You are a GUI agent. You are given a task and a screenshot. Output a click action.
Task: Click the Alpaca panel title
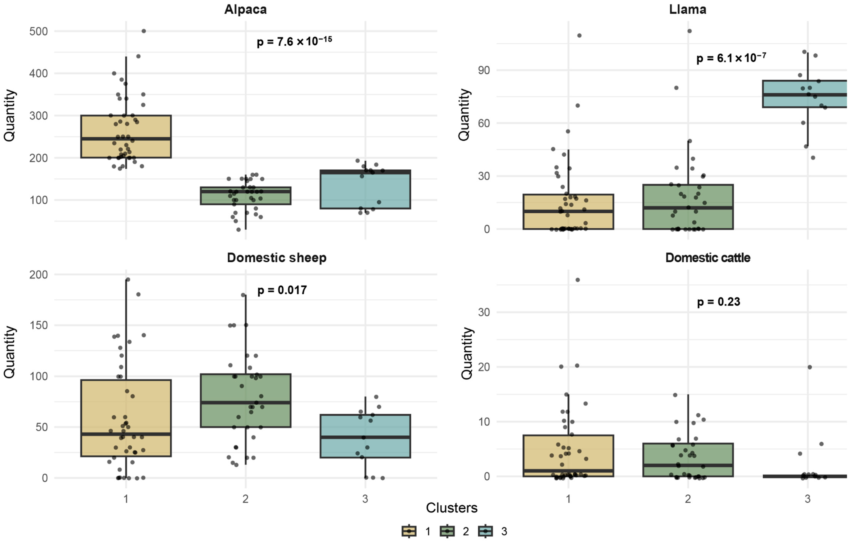click(245, 9)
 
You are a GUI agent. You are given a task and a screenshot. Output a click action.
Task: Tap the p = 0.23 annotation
click(719, 302)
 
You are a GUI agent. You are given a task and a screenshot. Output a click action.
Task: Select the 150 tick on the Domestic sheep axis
click(38, 325)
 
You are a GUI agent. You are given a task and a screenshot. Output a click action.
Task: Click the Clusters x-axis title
click(452, 508)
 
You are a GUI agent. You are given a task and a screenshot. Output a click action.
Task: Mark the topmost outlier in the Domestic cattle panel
click(578, 280)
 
